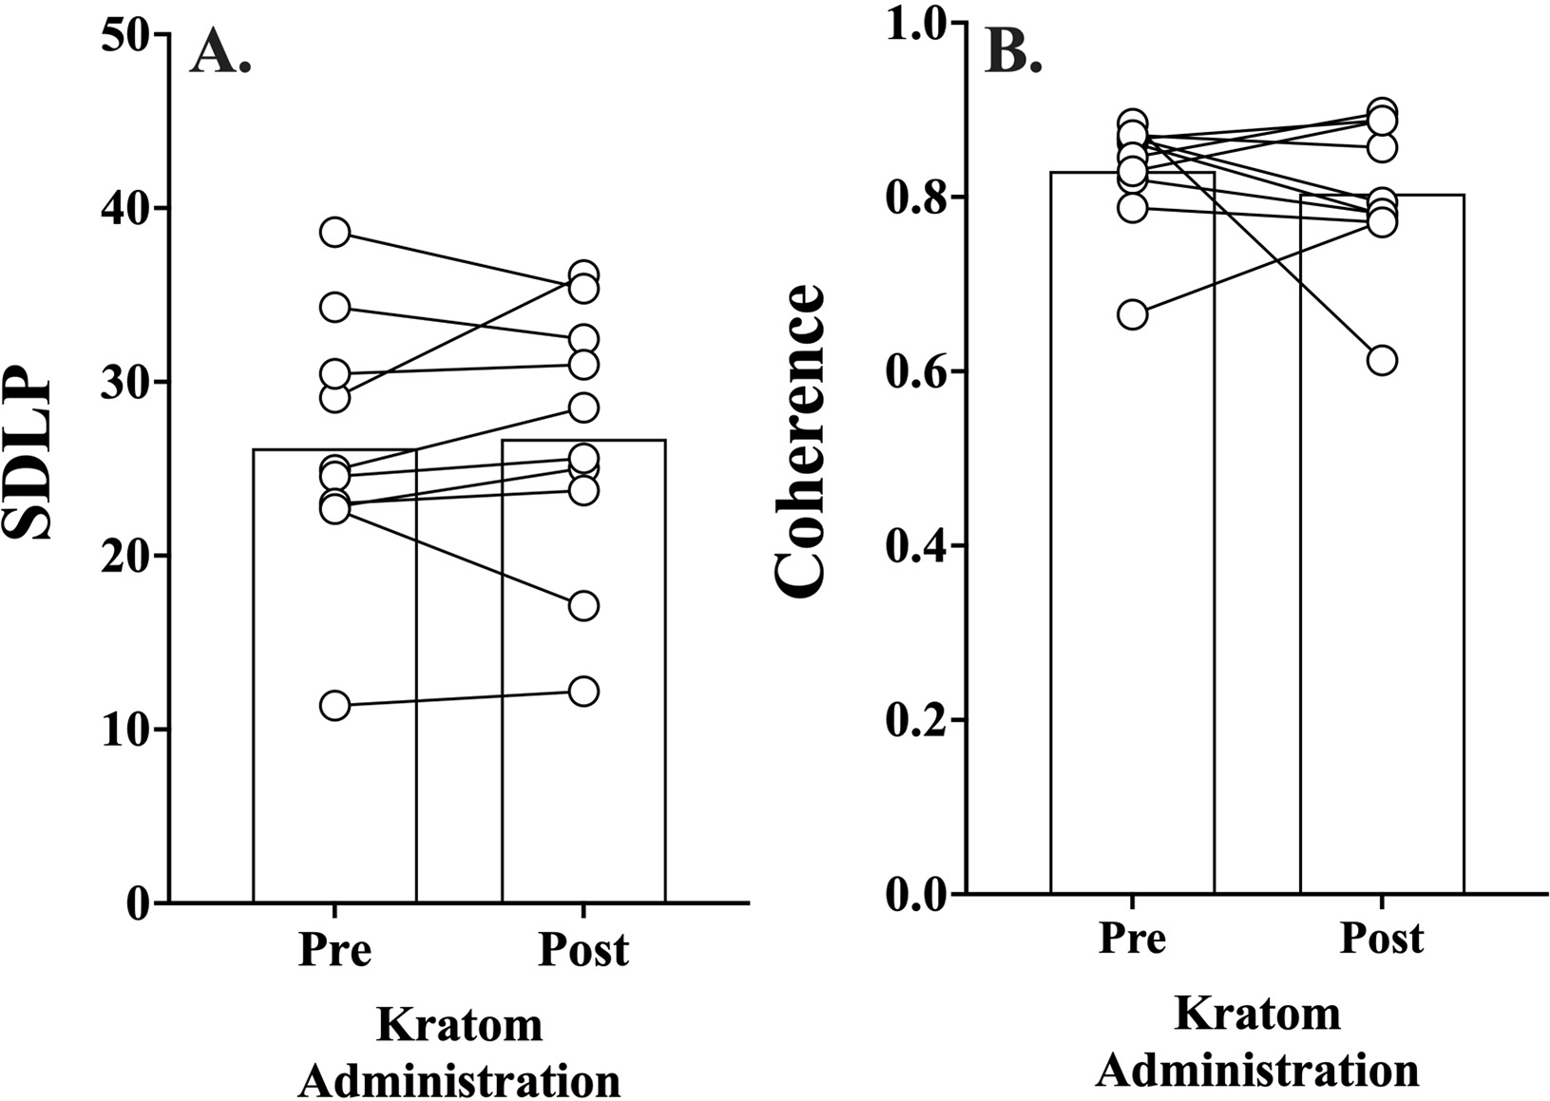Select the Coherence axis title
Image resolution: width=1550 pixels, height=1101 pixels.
tap(799, 442)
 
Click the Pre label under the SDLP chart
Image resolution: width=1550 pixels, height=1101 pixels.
tap(335, 949)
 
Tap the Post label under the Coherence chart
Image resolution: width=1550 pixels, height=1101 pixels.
tap(1382, 938)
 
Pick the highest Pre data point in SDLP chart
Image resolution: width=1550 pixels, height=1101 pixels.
tap(335, 232)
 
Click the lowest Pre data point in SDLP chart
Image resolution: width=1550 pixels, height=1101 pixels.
tap(335, 706)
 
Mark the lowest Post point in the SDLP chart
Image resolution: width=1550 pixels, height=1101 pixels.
tap(584, 691)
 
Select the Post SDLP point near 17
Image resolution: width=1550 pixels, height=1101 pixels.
tap(584, 605)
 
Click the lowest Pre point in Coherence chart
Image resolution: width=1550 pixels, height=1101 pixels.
tap(1132, 314)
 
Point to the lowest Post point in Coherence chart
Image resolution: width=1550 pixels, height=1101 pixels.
tap(1382, 360)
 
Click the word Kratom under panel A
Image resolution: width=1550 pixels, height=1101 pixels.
tap(460, 1026)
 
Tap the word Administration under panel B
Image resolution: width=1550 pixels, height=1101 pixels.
tap(1257, 1071)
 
